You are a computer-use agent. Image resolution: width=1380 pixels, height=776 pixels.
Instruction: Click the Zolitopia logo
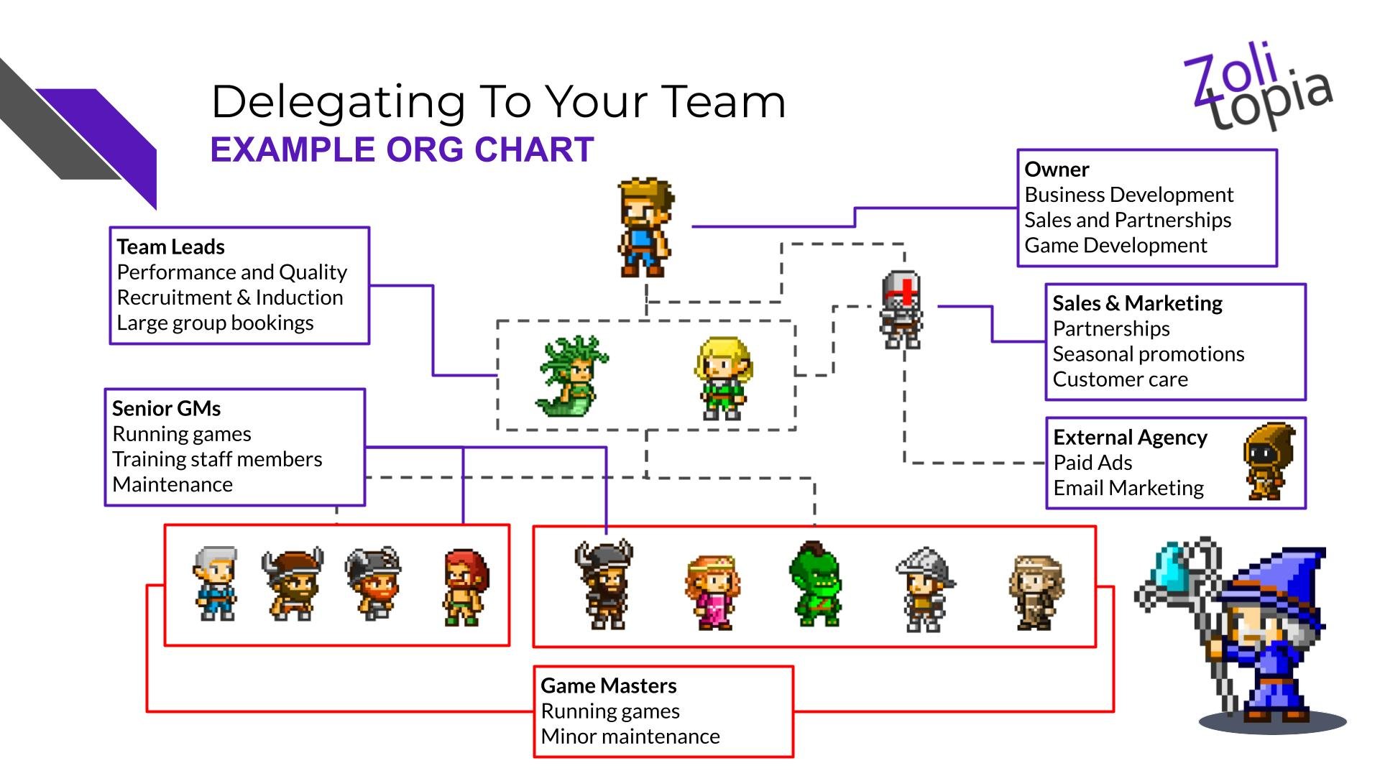[1258, 86]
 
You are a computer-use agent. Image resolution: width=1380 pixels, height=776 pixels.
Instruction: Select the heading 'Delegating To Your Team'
[498, 101]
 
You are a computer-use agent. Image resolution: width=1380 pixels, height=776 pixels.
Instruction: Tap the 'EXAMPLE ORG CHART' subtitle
[402, 149]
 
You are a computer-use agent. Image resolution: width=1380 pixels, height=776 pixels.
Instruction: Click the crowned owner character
[645, 227]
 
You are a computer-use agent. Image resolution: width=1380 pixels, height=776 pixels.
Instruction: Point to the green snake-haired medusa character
[571, 376]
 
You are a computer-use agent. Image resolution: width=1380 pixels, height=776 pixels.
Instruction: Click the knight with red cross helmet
[902, 310]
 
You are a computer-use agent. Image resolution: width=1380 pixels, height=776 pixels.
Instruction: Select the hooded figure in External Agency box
[1269, 461]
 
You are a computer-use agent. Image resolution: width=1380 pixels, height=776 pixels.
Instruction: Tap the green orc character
[815, 583]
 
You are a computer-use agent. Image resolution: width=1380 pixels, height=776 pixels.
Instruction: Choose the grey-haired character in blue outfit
[216, 583]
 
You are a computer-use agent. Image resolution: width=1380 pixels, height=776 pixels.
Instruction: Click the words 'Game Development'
[1115, 246]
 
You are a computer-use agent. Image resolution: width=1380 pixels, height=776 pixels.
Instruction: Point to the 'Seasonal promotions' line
[1148, 354]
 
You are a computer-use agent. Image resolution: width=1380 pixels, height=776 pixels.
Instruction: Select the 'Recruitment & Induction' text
[230, 297]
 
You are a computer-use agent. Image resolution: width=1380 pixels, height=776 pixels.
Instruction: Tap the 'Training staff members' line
[217, 459]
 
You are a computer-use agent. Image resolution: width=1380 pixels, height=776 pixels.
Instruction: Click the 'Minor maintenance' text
[630, 736]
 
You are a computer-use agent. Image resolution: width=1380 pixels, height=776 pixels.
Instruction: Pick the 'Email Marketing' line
[1128, 489]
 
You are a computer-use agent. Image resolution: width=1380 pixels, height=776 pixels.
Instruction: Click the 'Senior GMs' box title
[166, 409]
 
